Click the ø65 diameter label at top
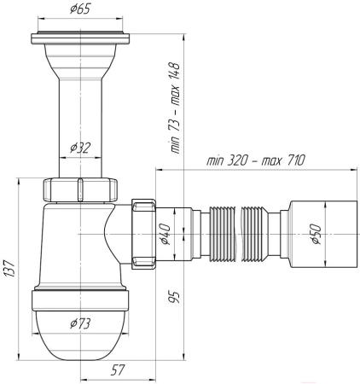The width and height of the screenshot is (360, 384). tap(80, 9)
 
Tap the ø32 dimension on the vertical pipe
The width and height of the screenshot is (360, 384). tap(80, 148)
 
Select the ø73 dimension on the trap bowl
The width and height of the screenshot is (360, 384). tap(80, 323)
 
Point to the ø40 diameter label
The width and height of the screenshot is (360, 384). tap(165, 234)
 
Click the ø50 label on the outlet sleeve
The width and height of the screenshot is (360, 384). tap(316, 234)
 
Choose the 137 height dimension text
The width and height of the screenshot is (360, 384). tap(9, 268)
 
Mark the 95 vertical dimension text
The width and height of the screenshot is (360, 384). tap(174, 297)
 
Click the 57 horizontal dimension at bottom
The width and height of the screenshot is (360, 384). tap(118, 370)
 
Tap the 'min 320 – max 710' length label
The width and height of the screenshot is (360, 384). tap(255, 160)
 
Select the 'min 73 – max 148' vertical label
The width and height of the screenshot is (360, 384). tap(175, 108)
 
